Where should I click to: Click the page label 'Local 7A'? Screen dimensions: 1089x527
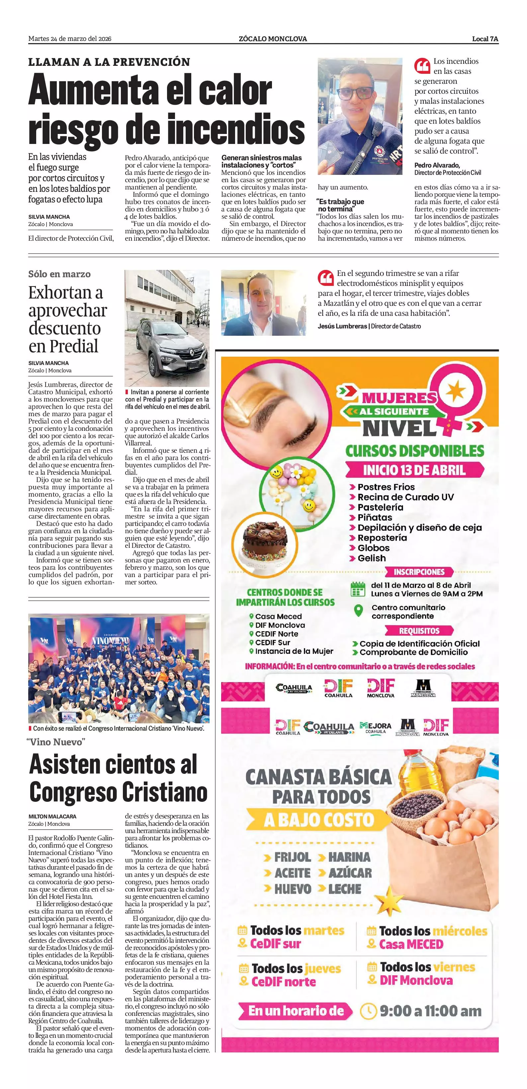485,39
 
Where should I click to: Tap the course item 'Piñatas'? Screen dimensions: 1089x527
375,518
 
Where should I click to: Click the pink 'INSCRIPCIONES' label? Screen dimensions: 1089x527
419,572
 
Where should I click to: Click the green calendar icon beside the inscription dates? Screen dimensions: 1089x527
358,589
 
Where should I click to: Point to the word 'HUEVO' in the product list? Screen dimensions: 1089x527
293,888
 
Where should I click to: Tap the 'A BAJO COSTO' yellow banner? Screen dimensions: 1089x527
319,820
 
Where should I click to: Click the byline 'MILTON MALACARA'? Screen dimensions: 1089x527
52,816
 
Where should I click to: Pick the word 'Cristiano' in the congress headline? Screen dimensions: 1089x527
164,792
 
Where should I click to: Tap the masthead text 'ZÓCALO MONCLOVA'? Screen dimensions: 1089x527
272,39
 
